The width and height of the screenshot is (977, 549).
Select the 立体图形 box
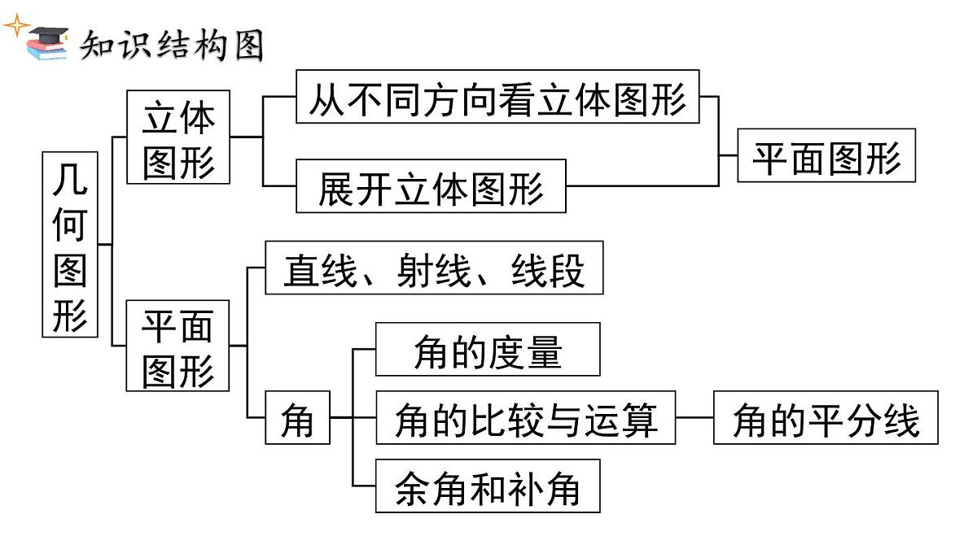point(178,137)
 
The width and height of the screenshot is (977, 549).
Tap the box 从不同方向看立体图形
point(497,97)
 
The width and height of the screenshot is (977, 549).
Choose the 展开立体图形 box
point(431,188)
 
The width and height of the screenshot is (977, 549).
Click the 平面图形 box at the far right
point(826,156)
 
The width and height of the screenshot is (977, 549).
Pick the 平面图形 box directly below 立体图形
point(177,346)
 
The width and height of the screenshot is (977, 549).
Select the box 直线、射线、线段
point(434,268)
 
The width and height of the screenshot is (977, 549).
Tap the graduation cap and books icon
point(48,42)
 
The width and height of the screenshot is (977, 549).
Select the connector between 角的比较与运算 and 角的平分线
point(694,418)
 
